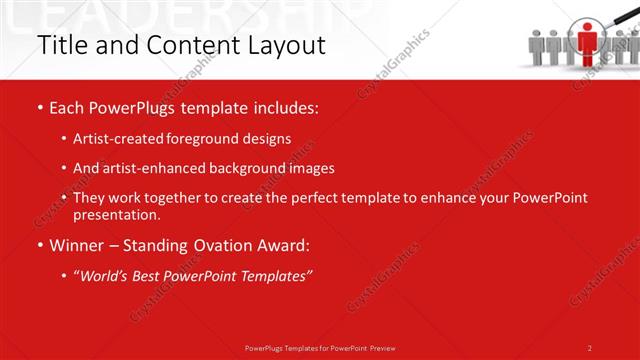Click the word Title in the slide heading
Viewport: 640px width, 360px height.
coord(56,45)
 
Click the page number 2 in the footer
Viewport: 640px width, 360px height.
coord(589,347)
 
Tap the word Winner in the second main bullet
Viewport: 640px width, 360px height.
coord(80,245)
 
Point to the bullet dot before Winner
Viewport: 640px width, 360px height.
coord(39,245)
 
